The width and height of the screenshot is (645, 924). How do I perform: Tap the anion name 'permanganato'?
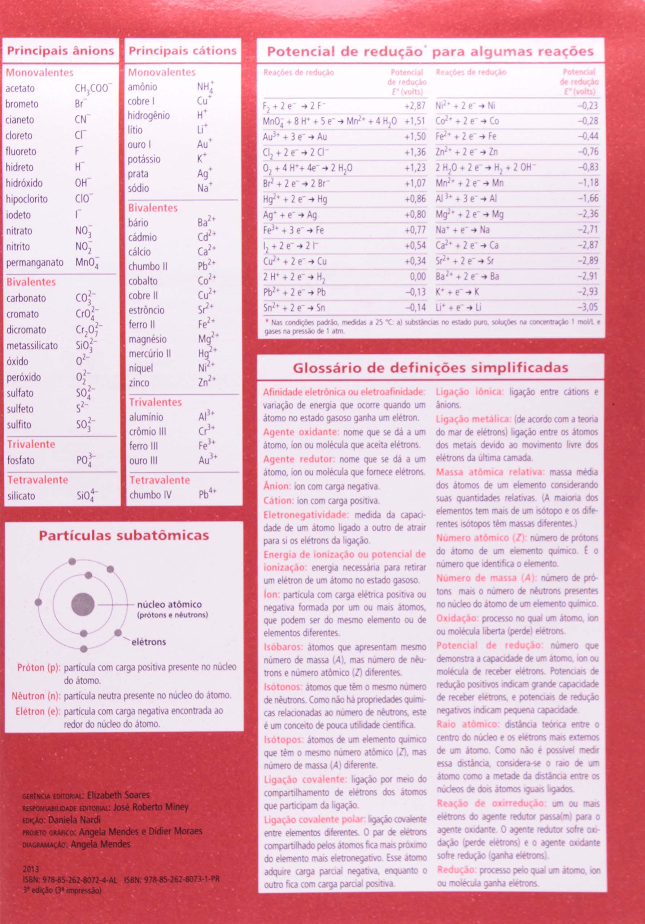click(35, 263)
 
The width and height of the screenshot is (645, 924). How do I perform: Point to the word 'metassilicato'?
click(32, 346)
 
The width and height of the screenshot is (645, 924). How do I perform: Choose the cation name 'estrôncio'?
click(147, 310)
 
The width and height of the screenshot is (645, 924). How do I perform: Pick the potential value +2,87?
click(415, 106)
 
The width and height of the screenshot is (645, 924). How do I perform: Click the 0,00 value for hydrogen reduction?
click(418, 276)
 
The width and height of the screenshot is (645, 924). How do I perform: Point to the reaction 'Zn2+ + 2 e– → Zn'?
click(467, 152)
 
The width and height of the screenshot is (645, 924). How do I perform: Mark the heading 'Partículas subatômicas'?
click(124, 536)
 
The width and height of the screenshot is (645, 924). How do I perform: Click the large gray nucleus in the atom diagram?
click(83, 604)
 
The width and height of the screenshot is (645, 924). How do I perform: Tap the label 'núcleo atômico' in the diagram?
click(169, 605)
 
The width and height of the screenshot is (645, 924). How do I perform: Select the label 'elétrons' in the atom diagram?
click(148, 642)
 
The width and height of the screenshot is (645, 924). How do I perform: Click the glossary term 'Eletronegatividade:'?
click(306, 515)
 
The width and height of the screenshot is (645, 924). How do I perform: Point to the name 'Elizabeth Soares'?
click(118, 795)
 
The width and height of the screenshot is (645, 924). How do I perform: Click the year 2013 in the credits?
click(31, 869)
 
